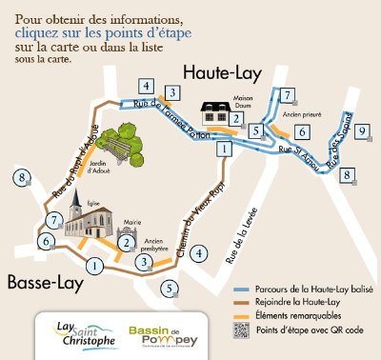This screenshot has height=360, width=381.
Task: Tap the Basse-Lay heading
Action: pos(45,283)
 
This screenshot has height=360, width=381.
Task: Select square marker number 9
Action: pos(362,132)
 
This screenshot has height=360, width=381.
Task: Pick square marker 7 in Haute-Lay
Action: pos(286,95)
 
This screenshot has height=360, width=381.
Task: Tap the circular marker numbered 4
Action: pos(198,253)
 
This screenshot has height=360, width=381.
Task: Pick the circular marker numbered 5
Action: pos(170,289)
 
